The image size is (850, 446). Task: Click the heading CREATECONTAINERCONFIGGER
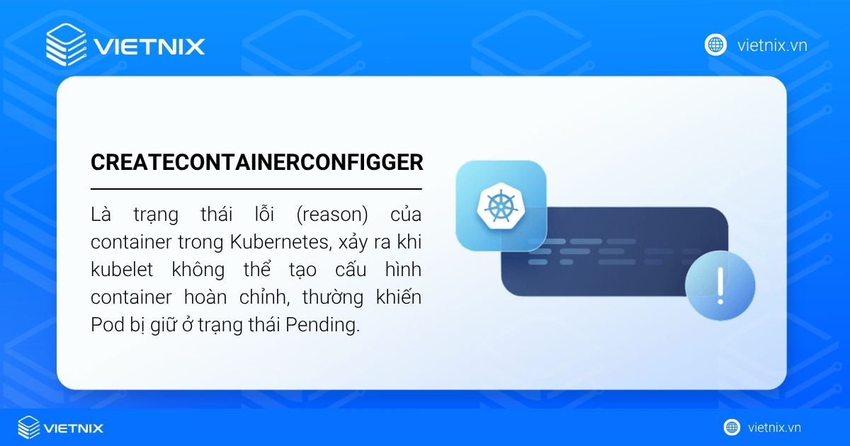(x=256, y=162)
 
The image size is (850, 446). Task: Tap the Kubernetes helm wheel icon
(x=501, y=205)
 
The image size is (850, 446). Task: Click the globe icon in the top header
(x=715, y=45)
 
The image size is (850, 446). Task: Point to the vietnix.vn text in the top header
(x=772, y=45)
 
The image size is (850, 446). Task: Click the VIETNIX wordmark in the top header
(x=149, y=47)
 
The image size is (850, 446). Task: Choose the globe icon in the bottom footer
(x=732, y=428)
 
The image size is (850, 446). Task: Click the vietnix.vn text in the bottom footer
(x=774, y=428)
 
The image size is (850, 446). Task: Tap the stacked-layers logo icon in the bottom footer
(x=29, y=428)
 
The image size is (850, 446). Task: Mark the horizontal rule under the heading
(x=256, y=189)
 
